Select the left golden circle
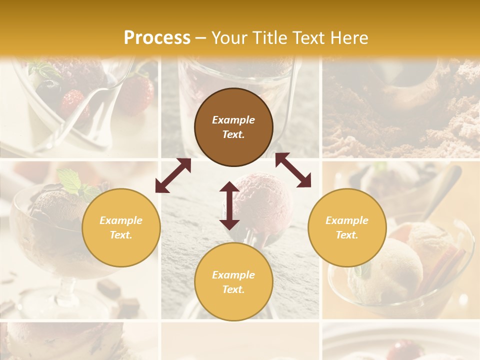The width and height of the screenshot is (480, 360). coord(121,227)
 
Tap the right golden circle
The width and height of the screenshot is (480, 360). coord(347,227)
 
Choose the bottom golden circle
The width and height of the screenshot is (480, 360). coord(233,282)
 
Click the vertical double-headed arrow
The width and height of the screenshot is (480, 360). coord(229,205)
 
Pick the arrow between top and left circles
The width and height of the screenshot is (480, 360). coord(173,175)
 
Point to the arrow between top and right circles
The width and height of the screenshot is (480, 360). coord(293,170)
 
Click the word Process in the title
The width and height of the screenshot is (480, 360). coord(157,37)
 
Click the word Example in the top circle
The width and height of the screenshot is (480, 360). coord(233,120)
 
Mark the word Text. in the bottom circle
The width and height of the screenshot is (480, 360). coord(233,289)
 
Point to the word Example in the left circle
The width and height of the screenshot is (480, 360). coord(121,220)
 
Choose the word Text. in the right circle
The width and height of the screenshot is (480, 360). coord(347,235)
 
